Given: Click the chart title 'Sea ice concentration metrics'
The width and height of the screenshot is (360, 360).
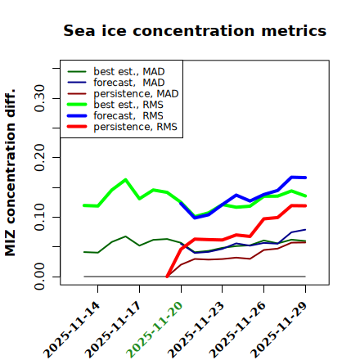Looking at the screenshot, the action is [x=195, y=30].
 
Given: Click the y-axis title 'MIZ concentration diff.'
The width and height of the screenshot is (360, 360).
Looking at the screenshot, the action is [x=10, y=173].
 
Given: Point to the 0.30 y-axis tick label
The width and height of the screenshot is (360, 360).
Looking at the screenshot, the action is [x=39, y=98].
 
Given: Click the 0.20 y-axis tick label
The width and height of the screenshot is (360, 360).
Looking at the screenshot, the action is [x=39, y=158].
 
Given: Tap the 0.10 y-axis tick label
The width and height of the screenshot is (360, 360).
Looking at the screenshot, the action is [x=39, y=217].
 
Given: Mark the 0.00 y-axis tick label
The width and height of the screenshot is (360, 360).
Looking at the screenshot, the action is [x=39, y=277].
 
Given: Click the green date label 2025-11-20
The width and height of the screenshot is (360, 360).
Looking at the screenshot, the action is [x=155, y=330].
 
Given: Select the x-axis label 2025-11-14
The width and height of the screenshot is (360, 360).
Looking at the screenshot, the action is [x=71, y=330].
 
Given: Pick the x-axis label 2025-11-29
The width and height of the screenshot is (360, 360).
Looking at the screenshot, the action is [x=279, y=330].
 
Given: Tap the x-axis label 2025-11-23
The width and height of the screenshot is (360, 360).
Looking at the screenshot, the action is [x=196, y=330].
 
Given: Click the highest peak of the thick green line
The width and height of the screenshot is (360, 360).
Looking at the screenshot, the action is [x=125, y=179].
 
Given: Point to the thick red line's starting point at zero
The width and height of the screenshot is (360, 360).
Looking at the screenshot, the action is [x=167, y=277].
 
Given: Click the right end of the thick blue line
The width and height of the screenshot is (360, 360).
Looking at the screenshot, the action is [x=305, y=178].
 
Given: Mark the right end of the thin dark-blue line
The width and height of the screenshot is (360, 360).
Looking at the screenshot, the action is [x=305, y=229].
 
